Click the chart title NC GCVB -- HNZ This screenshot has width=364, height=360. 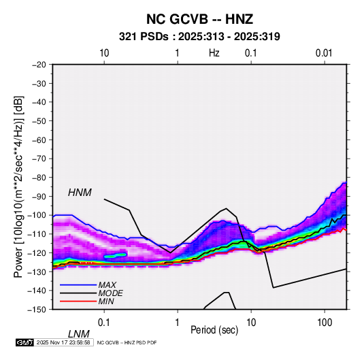pyautogui.click(x=199, y=19)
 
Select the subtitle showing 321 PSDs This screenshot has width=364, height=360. pyautogui.click(x=199, y=37)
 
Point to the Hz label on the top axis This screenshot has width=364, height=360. pyautogui.click(x=214, y=53)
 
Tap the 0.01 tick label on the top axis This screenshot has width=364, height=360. pyautogui.click(x=324, y=53)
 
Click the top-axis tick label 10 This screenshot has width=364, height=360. pyautogui.click(x=104, y=53)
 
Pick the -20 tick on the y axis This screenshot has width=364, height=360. pyautogui.click(x=39, y=65)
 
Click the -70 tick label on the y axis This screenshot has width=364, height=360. pyautogui.click(x=39, y=159)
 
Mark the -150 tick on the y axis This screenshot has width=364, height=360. pyautogui.click(x=37, y=310)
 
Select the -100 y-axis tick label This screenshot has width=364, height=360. pyautogui.click(x=37, y=215)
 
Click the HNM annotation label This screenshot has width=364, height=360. pyautogui.click(x=80, y=193)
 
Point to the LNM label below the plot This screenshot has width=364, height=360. pyautogui.click(x=79, y=334)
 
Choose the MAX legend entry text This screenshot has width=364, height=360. pyautogui.click(x=107, y=285)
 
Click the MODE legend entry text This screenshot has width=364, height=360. pyautogui.click(x=110, y=293)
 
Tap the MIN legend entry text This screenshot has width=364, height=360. pyautogui.click(x=106, y=301)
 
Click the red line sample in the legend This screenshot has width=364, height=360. pyautogui.click(x=78, y=301)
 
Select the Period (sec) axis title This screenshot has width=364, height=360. pyautogui.click(x=214, y=330)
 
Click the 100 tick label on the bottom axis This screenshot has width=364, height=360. pyautogui.click(x=325, y=323)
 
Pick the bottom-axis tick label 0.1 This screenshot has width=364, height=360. pyautogui.click(x=104, y=323)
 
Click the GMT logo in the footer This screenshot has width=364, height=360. pyautogui.click(x=25, y=342)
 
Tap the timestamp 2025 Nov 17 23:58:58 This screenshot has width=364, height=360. pyautogui.click(x=63, y=342)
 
